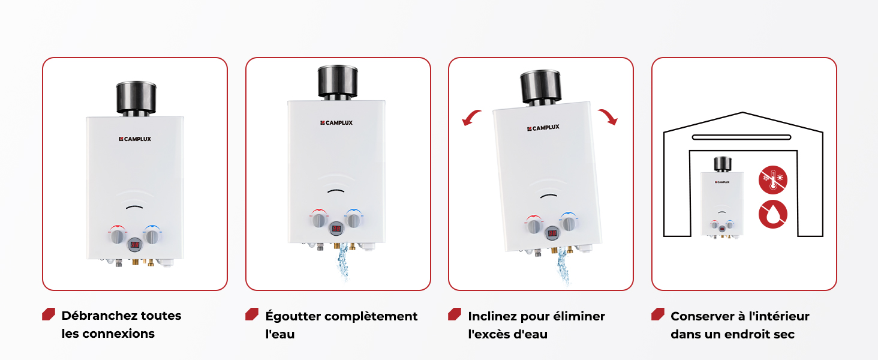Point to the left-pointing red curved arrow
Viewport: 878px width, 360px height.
click(471, 117)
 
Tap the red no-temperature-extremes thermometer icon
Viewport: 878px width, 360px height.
click(772, 179)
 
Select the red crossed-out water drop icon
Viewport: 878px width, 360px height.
click(772, 214)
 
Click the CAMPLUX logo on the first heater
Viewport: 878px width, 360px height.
click(135, 139)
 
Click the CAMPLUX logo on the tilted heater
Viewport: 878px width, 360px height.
click(543, 128)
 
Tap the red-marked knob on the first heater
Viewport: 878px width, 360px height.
click(117, 236)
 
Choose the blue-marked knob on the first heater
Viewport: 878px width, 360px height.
click(152, 236)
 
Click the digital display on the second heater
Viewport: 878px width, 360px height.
click(336, 229)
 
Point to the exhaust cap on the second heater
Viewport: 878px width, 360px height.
click(338, 81)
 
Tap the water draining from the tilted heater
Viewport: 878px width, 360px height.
click(563, 266)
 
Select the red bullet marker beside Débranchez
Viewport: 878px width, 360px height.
click(49, 314)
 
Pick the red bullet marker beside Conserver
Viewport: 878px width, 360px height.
click(658, 314)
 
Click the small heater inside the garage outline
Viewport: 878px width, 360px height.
click(722, 197)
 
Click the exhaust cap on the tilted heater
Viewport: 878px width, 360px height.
click(540, 87)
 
